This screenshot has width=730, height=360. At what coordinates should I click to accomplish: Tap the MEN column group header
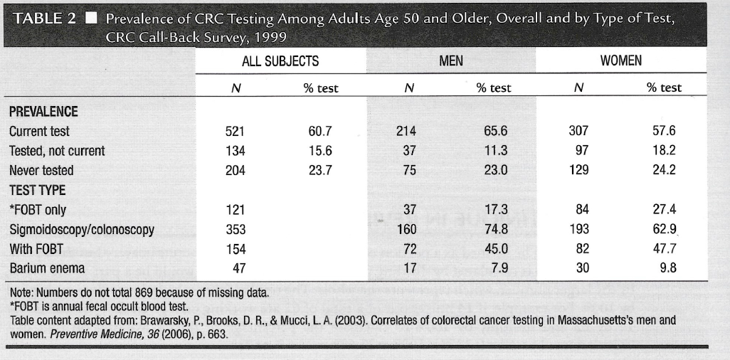coord(451,61)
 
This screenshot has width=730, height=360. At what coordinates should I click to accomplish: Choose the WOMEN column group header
coord(620,61)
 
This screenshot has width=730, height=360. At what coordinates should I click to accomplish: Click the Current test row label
coord(39,132)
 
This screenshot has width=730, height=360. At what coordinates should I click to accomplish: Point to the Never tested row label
coord(41,171)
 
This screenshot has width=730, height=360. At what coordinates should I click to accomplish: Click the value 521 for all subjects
coord(234,132)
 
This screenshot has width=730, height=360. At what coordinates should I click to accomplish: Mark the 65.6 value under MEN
coord(496,132)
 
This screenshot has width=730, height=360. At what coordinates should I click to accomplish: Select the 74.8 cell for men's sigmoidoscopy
coord(496,230)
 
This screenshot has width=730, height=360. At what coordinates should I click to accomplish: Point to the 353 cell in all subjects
coord(234,230)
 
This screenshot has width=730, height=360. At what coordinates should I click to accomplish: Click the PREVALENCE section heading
coord(43,112)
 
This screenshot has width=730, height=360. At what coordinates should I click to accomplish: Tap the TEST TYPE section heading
coord(37,191)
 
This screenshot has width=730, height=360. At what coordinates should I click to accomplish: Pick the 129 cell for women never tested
coord(579,171)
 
